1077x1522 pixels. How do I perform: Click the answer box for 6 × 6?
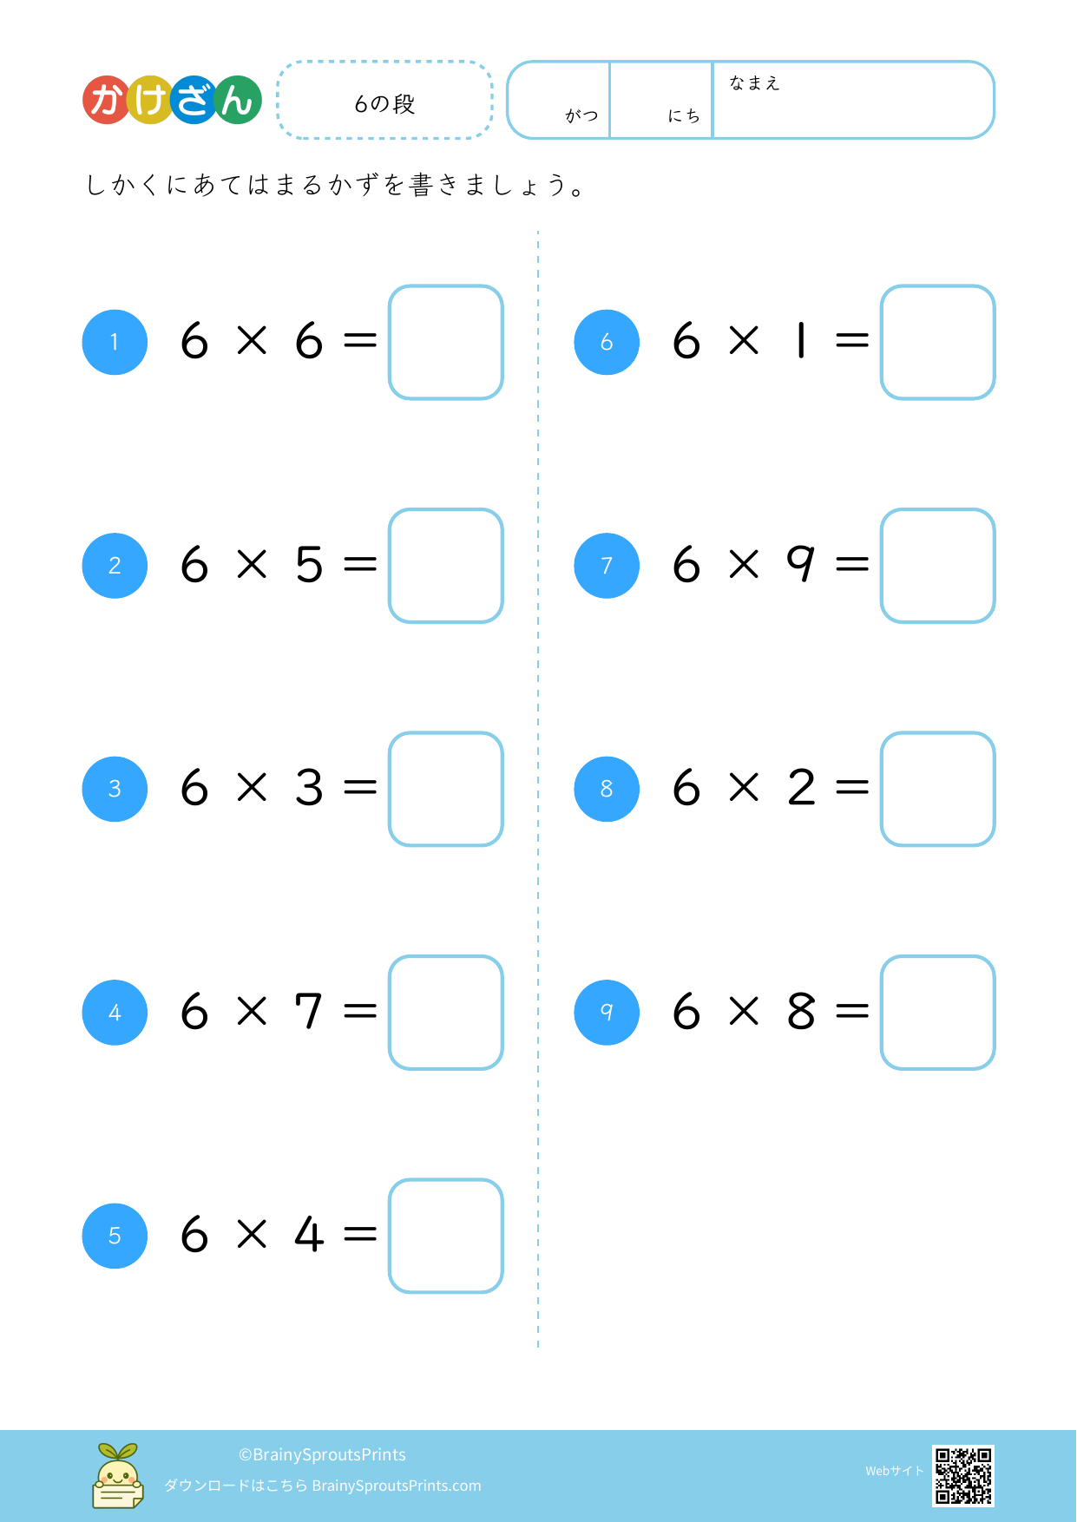(x=446, y=342)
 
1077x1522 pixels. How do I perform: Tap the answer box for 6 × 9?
(x=938, y=566)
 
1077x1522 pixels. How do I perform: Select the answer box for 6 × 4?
(x=446, y=1236)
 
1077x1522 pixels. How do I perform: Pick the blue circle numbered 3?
(x=115, y=789)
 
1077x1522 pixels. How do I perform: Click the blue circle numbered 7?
(x=607, y=566)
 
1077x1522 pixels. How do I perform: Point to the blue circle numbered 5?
(x=115, y=1236)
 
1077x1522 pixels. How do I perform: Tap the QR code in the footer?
(x=963, y=1476)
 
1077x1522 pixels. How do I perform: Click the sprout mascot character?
(x=118, y=1475)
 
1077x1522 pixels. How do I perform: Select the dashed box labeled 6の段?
(x=384, y=100)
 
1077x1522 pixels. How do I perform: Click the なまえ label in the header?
(x=754, y=83)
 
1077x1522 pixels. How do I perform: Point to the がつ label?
(x=581, y=115)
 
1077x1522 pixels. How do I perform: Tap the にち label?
(x=684, y=115)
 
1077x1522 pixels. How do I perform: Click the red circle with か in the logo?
(x=107, y=100)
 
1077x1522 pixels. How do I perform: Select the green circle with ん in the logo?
(x=238, y=100)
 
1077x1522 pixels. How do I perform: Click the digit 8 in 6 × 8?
(x=801, y=1011)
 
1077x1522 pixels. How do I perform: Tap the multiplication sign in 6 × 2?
(x=744, y=788)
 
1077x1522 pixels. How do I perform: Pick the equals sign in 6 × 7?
(x=360, y=1011)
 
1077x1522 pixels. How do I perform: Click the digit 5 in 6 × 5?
(x=309, y=564)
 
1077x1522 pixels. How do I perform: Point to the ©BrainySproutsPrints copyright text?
(x=322, y=1454)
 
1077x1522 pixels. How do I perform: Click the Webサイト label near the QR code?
(x=894, y=1471)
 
